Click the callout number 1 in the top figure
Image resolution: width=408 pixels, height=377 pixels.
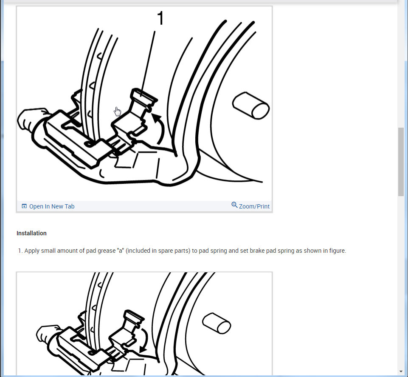[160, 19]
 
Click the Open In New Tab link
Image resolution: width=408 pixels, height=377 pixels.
[51, 206]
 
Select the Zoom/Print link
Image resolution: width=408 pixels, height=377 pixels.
[254, 206]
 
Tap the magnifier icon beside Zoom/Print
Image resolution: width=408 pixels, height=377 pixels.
[234, 205]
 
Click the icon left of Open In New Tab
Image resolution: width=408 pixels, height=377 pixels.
[24, 206]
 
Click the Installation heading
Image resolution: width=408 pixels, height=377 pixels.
[31, 233]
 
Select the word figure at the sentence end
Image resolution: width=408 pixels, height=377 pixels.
[337, 251]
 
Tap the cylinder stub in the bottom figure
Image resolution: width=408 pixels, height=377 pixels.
[217, 323]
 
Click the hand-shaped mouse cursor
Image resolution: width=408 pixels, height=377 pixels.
[118, 111]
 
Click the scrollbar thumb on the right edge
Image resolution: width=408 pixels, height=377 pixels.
[401, 162]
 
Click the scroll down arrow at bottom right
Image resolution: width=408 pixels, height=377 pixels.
[401, 371]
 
